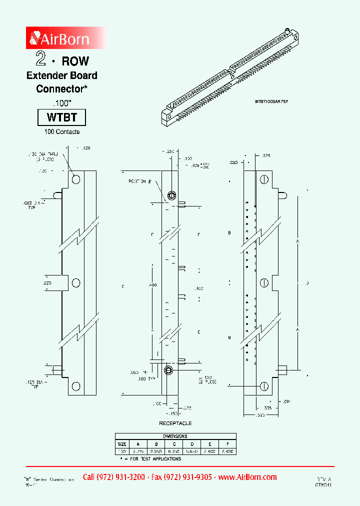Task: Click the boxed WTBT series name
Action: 62,118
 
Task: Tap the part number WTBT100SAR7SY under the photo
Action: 271,101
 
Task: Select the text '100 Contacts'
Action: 62,132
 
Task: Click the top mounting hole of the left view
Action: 76,179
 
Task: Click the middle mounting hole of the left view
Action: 76,283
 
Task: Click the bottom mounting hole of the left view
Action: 76,386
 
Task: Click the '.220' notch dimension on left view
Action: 47,283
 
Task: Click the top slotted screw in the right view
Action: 263,179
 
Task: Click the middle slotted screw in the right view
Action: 263,283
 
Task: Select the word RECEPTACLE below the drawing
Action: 175,423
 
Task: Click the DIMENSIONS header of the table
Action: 175,436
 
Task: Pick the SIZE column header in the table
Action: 122,443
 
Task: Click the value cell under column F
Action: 227,451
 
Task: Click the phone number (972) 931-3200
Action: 113,477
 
